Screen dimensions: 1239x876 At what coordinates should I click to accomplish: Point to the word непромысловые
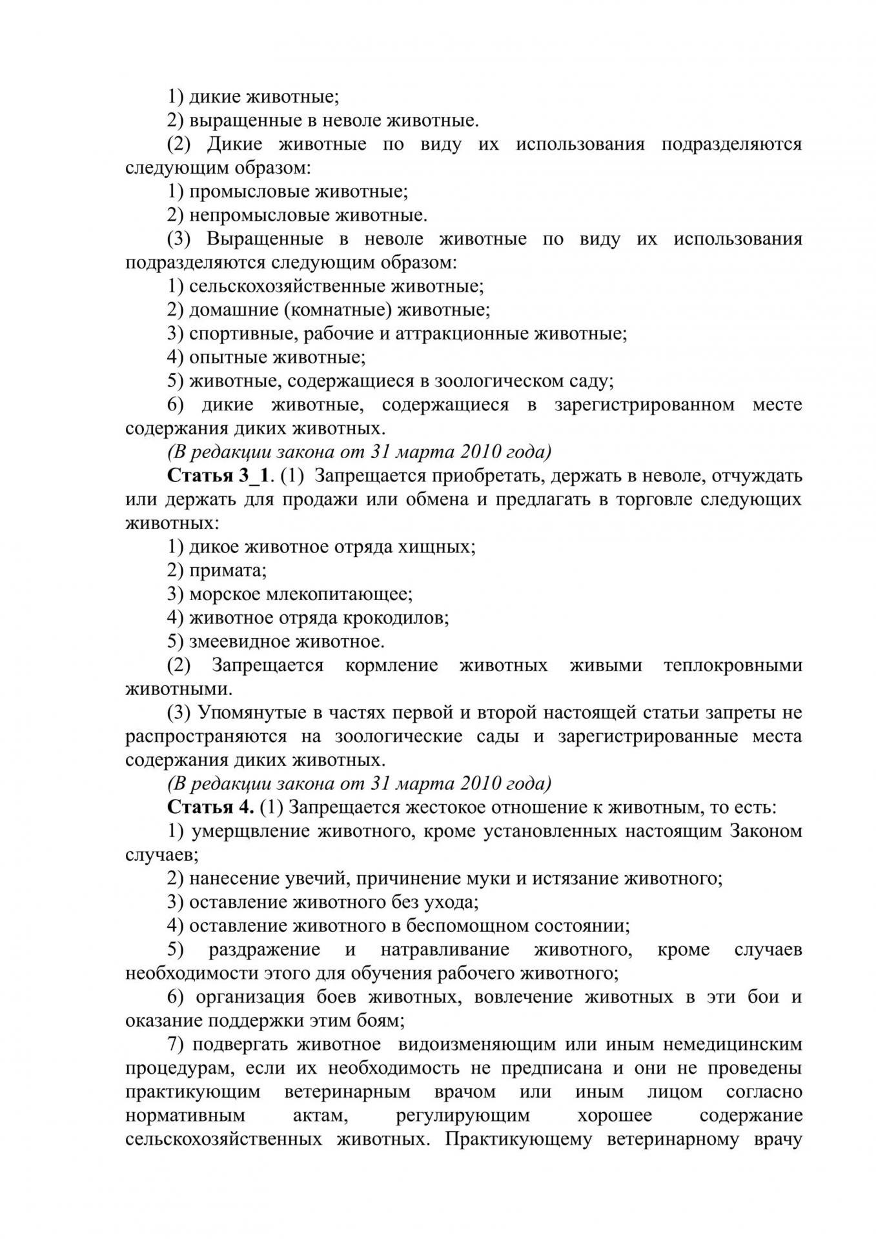point(251,215)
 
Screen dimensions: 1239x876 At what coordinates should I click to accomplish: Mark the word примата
point(227,570)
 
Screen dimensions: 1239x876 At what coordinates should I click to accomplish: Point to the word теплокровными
point(733,665)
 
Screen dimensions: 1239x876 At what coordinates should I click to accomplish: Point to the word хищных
point(445,547)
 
